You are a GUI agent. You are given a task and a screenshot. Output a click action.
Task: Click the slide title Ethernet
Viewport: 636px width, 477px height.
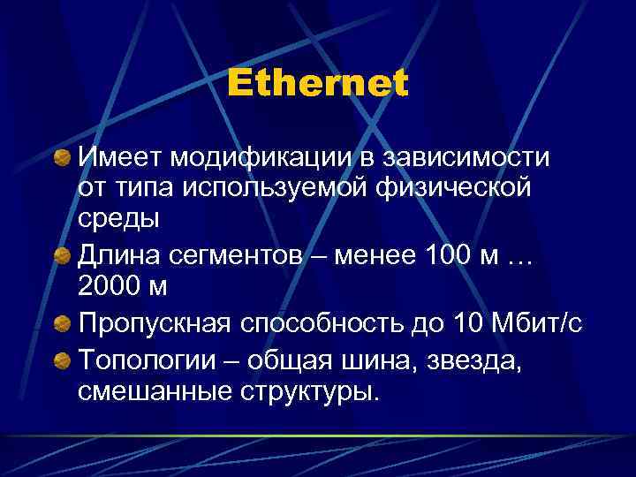[317, 84]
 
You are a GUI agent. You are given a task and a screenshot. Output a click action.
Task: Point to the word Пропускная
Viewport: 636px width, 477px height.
[155, 324]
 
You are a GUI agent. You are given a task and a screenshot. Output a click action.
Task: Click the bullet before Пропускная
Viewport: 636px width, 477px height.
[62, 325]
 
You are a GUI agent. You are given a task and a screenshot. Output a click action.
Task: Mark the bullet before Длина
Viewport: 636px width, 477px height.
[62, 256]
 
